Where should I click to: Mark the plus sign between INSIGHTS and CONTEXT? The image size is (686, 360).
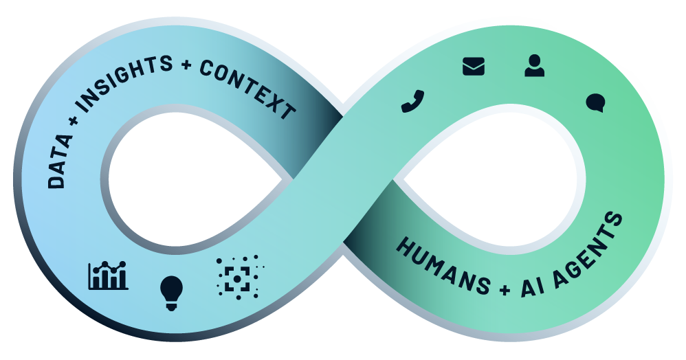click(x=186, y=66)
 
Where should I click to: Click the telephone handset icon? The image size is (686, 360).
click(x=412, y=101)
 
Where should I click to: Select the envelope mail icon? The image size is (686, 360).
click(x=474, y=66)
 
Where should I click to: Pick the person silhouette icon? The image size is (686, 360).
click(x=534, y=65)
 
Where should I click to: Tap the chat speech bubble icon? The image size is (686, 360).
click(x=595, y=103)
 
